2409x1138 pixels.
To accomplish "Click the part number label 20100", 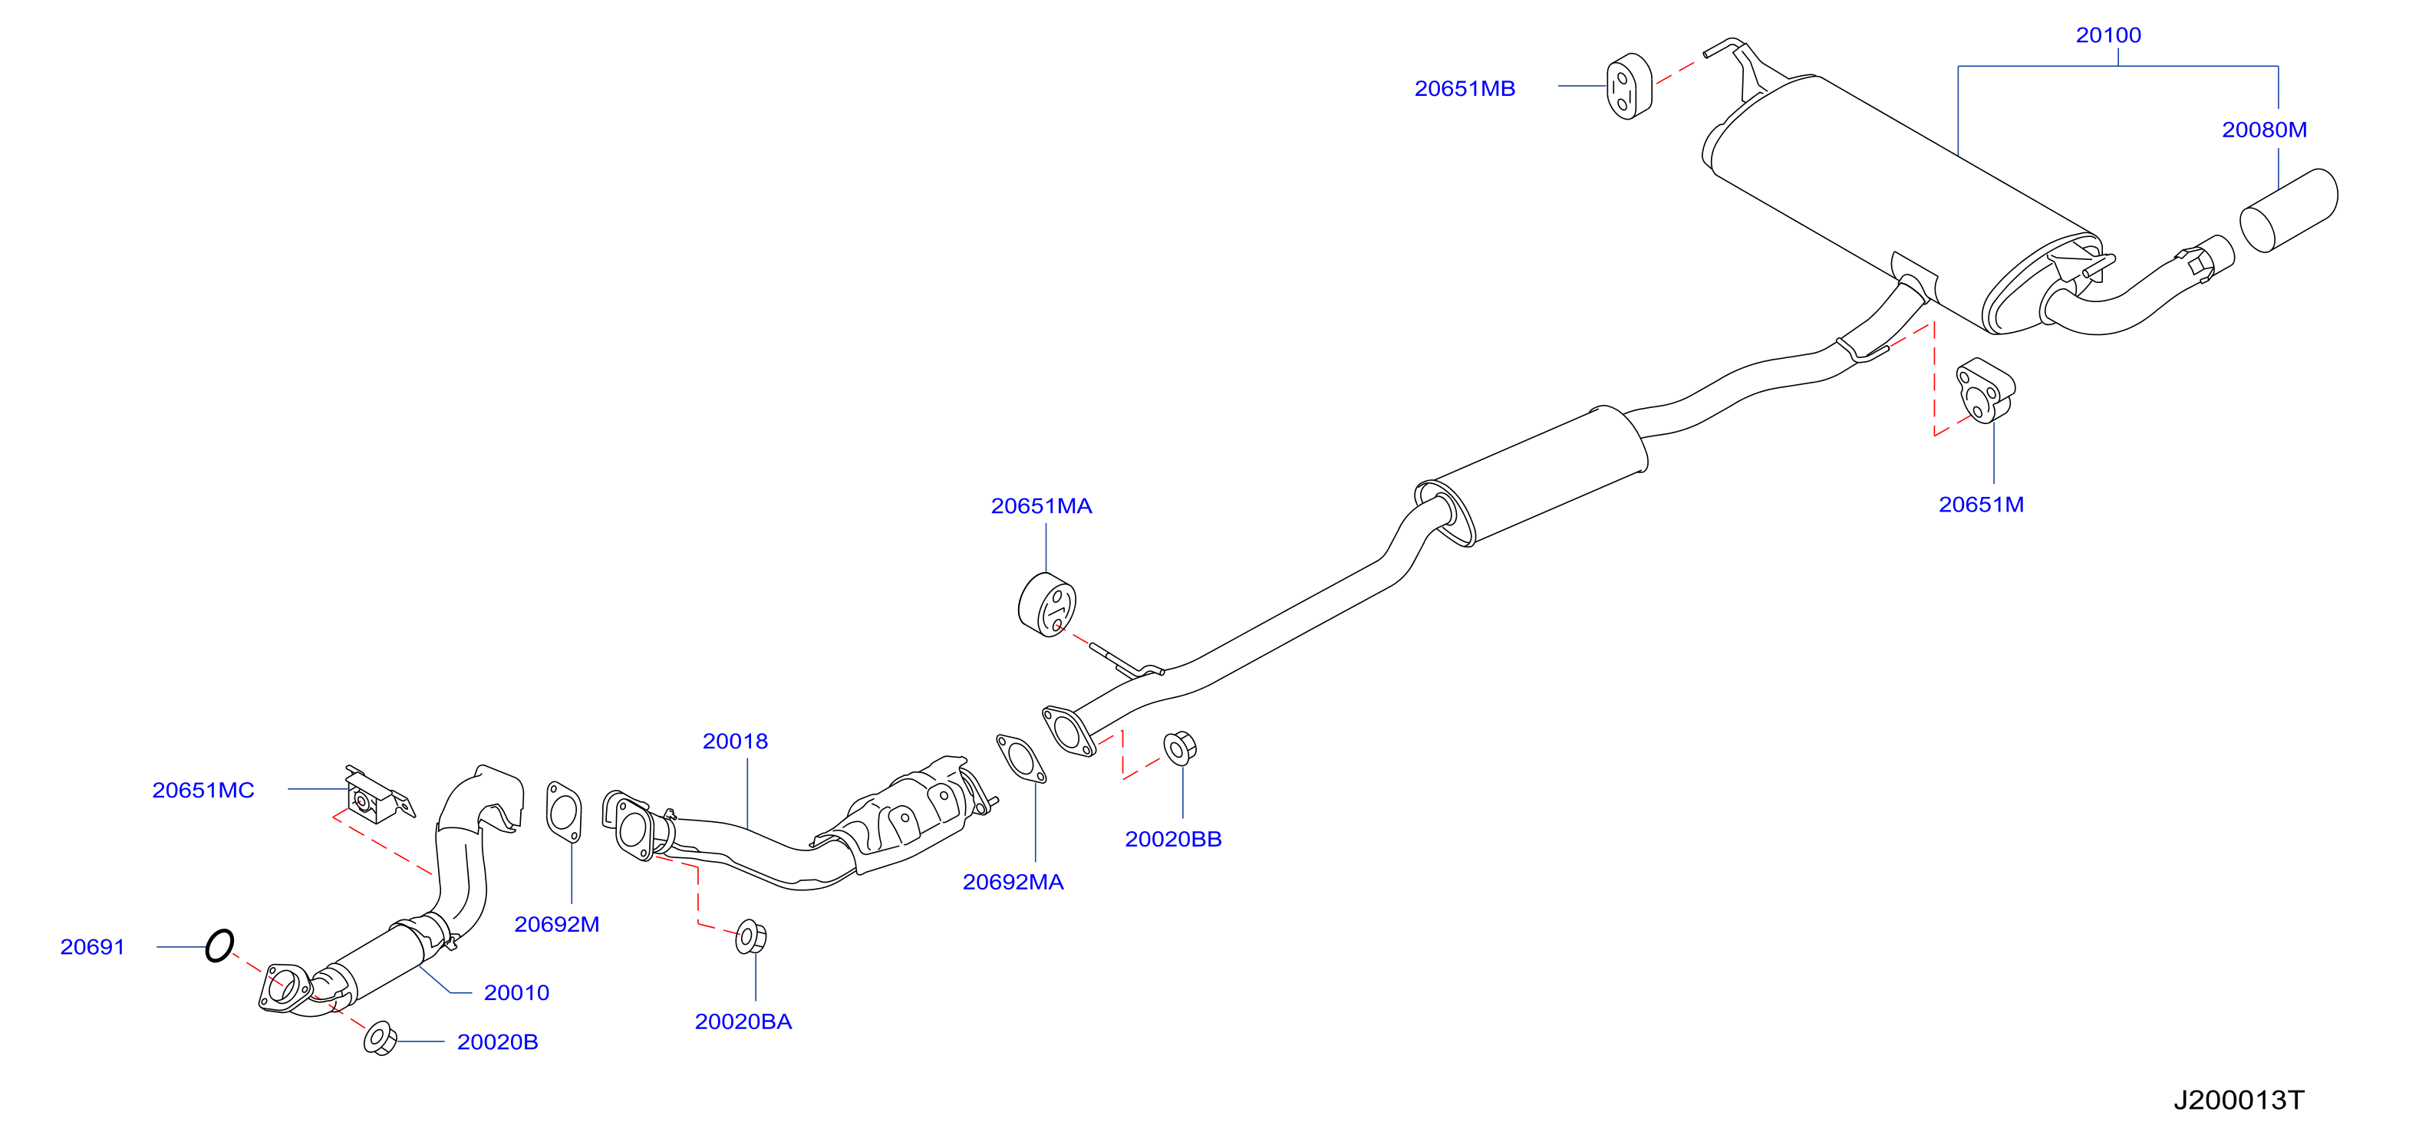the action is (2108, 35).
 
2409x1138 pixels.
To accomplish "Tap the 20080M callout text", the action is (2264, 130).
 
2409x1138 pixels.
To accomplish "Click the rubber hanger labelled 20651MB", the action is (1629, 87).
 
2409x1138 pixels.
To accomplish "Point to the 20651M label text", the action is (1981, 505).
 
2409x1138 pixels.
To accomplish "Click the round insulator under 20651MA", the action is (1046, 605).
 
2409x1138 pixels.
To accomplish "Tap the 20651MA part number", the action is (1041, 506).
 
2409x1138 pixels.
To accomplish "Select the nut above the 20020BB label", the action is (1179, 748).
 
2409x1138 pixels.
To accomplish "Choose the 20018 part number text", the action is (735, 742).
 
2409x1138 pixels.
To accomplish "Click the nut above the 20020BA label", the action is (751, 937).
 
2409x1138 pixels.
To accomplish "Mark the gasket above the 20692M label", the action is (563, 811).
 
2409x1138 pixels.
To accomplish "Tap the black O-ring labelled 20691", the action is (219, 946).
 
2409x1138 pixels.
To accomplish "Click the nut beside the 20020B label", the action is (380, 1039).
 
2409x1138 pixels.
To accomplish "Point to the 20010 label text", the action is (516, 993).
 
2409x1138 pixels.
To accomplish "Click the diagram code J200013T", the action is (2238, 1100).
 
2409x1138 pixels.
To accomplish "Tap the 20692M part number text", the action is (556, 925).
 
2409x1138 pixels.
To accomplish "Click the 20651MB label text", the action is (1465, 89).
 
